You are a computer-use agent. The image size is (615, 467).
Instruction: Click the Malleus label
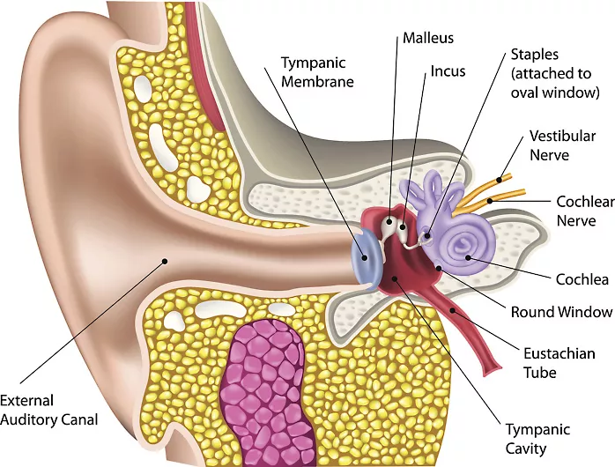pyautogui.click(x=428, y=39)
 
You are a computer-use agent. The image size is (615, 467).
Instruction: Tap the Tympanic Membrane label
pyautogui.click(x=317, y=72)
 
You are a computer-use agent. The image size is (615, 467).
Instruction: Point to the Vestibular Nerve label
pyautogui.click(x=562, y=145)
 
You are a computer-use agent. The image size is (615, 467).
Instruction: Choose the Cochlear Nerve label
pyautogui.click(x=584, y=210)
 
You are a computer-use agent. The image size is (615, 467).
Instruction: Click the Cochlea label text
pyautogui.click(x=582, y=279)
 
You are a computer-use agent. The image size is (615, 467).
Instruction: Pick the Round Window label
pyautogui.click(x=561, y=312)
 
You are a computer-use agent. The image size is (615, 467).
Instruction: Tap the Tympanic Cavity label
pyautogui.click(x=537, y=439)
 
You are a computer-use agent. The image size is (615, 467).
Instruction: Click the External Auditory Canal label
pyautogui.click(x=48, y=411)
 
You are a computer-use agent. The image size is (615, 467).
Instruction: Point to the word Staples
pyautogui.click(x=534, y=56)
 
